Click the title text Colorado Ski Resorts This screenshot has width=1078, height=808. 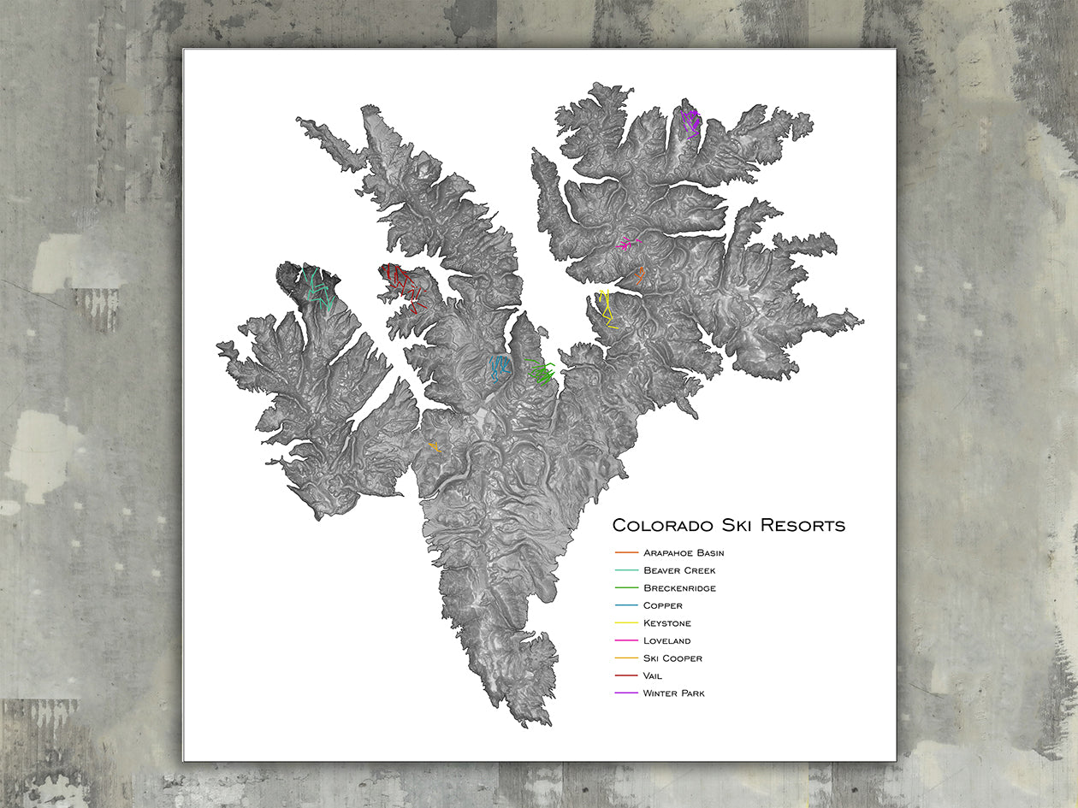point(728,525)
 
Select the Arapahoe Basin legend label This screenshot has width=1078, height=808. point(684,553)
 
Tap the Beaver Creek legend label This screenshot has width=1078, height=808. point(679,570)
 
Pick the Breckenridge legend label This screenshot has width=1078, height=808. point(679,588)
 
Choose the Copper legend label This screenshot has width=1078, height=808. point(662,606)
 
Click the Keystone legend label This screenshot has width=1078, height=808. point(666,623)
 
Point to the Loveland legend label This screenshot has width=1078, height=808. point(666,641)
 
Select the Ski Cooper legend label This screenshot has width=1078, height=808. point(672,658)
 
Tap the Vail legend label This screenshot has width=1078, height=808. point(652,676)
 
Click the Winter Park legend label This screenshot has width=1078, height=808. point(673,693)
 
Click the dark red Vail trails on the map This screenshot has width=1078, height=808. point(404,286)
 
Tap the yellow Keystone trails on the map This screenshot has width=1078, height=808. point(607,309)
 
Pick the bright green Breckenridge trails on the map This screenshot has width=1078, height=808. point(541,372)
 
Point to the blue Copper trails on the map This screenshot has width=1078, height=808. point(499,367)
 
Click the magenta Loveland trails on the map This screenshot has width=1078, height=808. point(627,244)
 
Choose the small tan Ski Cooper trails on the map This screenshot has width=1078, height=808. point(434,445)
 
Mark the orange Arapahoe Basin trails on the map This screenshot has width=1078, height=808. point(640,274)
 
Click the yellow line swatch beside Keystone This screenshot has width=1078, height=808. point(627,623)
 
